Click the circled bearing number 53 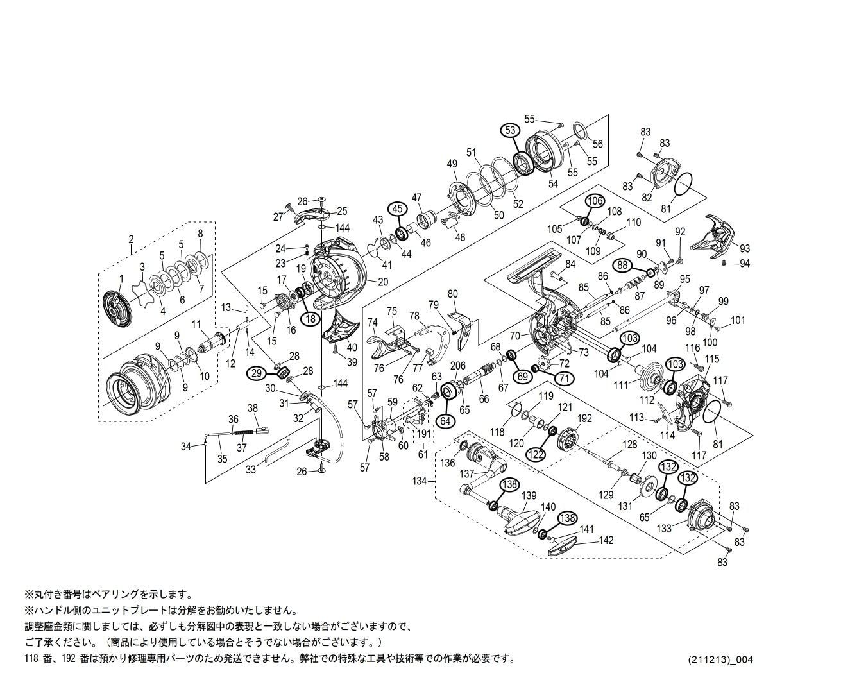tap(510, 130)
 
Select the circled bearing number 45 tap(397, 208)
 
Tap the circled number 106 tap(595, 201)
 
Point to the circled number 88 tap(622, 264)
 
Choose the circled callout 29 tap(257, 373)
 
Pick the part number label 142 tap(606, 540)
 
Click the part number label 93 tap(744, 248)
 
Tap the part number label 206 tap(457, 366)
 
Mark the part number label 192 tap(584, 418)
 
